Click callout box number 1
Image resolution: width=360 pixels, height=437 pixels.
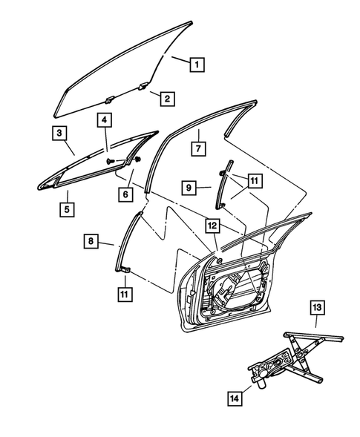(x=197, y=64)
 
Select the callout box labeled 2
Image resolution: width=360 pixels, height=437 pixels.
(x=166, y=99)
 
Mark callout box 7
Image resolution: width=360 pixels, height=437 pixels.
(x=198, y=147)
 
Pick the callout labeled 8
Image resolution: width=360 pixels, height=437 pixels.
(x=90, y=241)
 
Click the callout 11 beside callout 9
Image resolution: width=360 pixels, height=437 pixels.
(x=255, y=180)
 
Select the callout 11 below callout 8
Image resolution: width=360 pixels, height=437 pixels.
(x=124, y=295)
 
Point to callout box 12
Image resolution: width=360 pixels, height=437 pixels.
(x=213, y=225)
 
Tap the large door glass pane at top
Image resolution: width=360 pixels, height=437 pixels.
(x=119, y=70)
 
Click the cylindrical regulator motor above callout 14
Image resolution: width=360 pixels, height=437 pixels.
(x=262, y=381)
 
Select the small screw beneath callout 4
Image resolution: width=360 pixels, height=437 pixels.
(x=111, y=160)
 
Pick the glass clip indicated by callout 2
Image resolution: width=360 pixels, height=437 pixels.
(x=108, y=97)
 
